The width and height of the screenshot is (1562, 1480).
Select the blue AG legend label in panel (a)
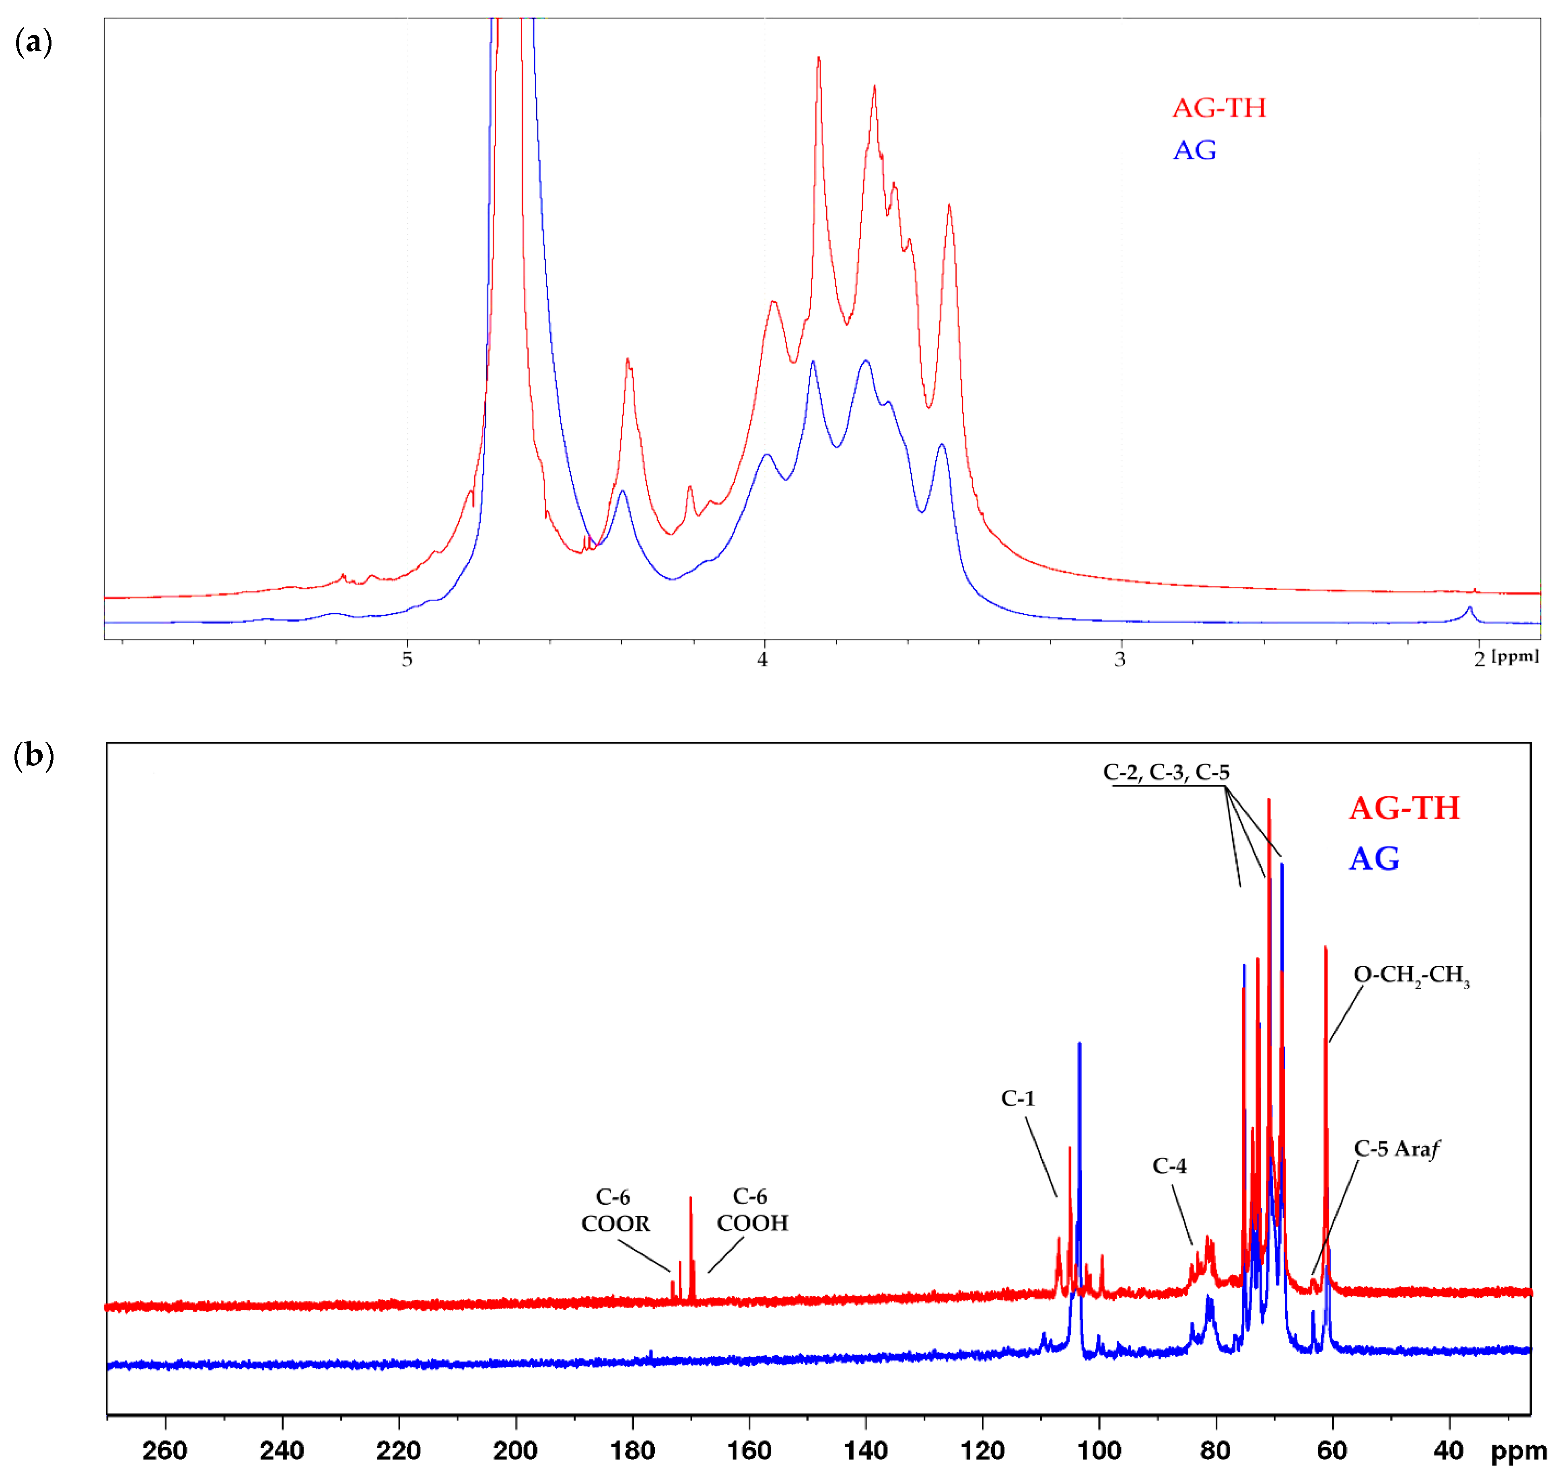coord(1194,150)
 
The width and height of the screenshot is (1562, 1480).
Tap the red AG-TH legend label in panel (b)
coord(1404,808)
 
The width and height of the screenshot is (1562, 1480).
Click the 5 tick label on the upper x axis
coord(407,659)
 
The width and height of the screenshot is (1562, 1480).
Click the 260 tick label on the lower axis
coord(165,1450)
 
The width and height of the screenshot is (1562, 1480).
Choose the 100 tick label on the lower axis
coord(1099,1450)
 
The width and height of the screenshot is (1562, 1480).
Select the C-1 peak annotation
coord(1018,1098)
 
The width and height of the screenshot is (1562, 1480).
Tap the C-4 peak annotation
coord(1169,1165)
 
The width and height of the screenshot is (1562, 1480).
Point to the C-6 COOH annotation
coord(752,1209)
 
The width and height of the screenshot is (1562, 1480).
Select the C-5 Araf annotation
coord(1396,1149)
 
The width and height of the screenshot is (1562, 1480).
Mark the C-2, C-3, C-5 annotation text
coord(1166,772)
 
